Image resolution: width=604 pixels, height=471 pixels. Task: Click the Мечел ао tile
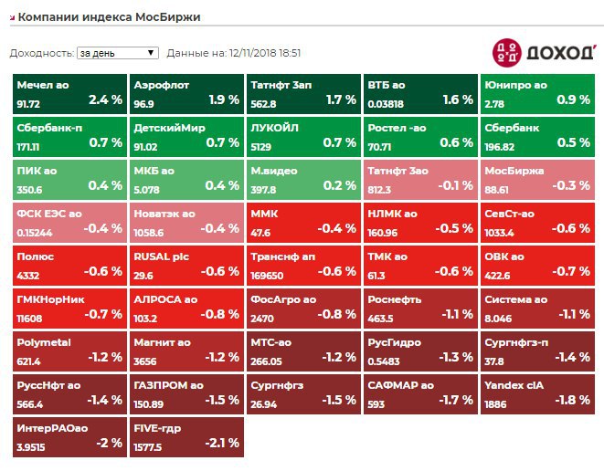[69, 92]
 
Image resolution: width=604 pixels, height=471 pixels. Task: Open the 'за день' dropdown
[118, 53]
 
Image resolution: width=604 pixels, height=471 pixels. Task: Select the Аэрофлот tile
[186, 92]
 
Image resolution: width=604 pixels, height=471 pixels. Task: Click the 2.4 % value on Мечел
[105, 99]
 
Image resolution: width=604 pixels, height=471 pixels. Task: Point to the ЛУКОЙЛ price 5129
[265, 146]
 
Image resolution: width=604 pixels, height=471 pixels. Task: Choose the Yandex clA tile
[537, 393]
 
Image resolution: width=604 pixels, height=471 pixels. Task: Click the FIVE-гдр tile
[186, 436]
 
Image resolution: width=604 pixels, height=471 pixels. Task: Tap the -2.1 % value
[221, 444]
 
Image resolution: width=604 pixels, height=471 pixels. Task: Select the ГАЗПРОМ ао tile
[186, 393]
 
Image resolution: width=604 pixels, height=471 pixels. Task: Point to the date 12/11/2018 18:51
[264, 53]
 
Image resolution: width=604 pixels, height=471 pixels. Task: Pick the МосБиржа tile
[537, 178]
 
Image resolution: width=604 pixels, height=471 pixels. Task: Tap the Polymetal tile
[69, 351]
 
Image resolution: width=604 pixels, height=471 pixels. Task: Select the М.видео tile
[303, 178]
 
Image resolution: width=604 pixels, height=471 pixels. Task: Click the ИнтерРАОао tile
[69, 436]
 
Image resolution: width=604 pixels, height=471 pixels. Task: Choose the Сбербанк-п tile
[69, 135]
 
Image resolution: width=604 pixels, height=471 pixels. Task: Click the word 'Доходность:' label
[41, 53]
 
